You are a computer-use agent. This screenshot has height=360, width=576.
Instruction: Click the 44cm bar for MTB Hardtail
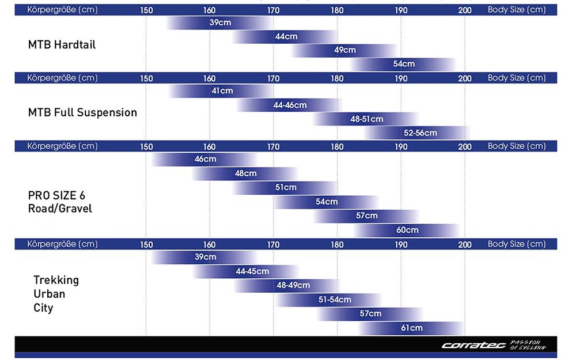click(286, 36)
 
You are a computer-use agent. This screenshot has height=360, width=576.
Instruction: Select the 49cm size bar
click(344, 50)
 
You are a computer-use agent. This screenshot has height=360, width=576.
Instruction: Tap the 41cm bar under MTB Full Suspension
click(222, 91)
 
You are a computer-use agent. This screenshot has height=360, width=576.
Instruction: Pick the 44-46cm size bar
click(289, 105)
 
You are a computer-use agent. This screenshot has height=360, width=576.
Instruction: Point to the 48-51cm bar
click(366, 119)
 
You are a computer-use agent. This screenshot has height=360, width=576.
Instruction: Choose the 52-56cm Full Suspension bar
click(419, 132)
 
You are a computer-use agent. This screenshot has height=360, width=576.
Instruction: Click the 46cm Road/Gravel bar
click(205, 159)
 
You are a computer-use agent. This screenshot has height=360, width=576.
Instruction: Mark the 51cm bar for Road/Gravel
click(286, 187)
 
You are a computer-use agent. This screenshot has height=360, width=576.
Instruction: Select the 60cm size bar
click(407, 230)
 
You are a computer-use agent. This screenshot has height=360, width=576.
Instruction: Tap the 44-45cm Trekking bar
click(252, 271)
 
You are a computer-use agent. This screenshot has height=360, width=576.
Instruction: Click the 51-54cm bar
click(334, 300)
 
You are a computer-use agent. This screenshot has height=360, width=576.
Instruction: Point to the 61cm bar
click(411, 328)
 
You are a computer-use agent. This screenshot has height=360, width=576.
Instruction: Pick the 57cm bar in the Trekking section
click(370, 313)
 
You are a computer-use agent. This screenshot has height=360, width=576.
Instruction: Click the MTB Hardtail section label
click(62, 45)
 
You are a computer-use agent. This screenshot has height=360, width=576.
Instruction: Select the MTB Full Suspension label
click(82, 113)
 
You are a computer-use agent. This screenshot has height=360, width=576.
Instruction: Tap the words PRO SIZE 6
click(56, 195)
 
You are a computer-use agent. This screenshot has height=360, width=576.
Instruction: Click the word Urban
click(49, 294)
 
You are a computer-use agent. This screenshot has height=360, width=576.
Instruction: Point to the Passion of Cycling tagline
click(528, 345)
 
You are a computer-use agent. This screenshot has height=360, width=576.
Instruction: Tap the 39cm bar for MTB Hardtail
click(220, 22)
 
